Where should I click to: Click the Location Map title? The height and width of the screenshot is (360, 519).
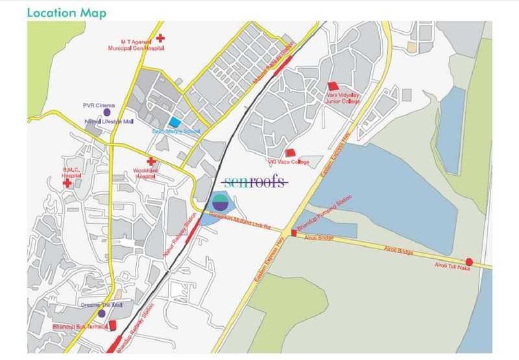pyautogui.click(x=67, y=12)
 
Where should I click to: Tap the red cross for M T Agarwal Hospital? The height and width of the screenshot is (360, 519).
pyautogui.click(x=161, y=39)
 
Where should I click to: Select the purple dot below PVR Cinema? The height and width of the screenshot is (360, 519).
pyautogui.click(x=107, y=112)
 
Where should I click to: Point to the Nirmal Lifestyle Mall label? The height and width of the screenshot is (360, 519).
pyautogui.click(x=108, y=121)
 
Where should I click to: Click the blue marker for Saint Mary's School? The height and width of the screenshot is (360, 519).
pyautogui.click(x=175, y=121)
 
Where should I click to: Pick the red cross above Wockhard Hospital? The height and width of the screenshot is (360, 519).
pyautogui.click(x=151, y=162)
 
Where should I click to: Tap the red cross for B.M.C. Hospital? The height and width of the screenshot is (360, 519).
pyautogui.click(x=67, y=184)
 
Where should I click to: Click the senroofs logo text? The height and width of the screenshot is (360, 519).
pyautogui.click(x=254, y=182)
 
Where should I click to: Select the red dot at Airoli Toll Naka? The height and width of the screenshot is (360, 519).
pyautogui.click(x=469, y=261)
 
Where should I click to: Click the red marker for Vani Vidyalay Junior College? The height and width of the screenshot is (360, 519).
pyautogui.click(x=333, y=86)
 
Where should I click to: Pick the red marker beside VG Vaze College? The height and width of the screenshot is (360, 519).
pyautogui.click(x=291, y=153)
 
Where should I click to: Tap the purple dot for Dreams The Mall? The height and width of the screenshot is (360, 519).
pyautogui.click(x=101, y=314)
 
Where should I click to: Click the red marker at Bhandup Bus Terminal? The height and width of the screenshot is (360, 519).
pyautogui.click(x=112, y=325)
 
